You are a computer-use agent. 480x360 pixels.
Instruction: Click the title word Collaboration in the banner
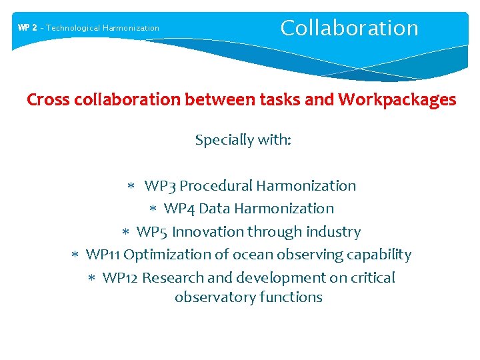pos(349,28)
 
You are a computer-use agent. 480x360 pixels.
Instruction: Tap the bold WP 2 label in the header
pos(27,28)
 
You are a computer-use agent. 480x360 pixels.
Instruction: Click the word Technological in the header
pos(73,28)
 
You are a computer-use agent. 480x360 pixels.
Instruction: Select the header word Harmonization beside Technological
pos(131,28)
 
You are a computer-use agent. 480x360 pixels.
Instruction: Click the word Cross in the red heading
pos(44,100)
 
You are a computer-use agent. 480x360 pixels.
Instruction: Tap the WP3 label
pos(160,186)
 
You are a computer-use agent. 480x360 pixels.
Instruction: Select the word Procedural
pos(216,186)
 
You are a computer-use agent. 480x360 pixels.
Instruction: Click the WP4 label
pos(179,209)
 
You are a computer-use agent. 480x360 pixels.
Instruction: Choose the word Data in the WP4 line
pos(214,209)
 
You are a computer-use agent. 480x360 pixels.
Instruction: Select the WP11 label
pos(103,255)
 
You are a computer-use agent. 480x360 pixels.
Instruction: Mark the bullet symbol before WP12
pos(93,278)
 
